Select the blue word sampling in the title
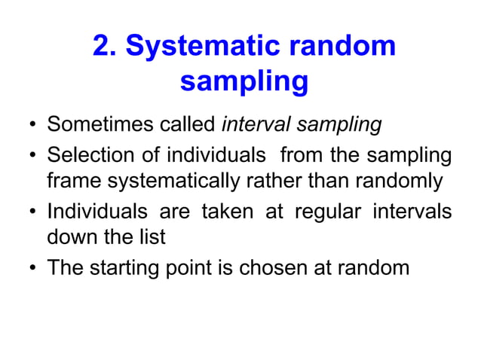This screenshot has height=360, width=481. (244, 81)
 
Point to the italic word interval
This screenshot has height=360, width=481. (256, 124)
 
